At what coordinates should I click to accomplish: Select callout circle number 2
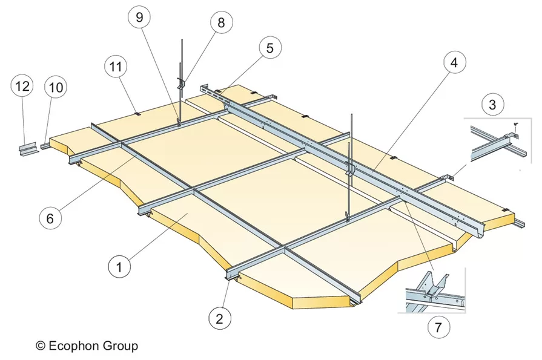pos(220,316)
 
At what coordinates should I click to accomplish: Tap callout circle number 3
pos(492,103)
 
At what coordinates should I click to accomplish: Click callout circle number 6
pos(50,217)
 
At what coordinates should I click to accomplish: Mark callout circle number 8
pos(220,22)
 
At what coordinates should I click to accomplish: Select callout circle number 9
pos(139,18)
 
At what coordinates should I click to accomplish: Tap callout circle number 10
pos(56,87)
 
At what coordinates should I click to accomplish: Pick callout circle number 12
pos(22,87)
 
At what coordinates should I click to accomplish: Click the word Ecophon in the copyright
pos(77,346)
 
